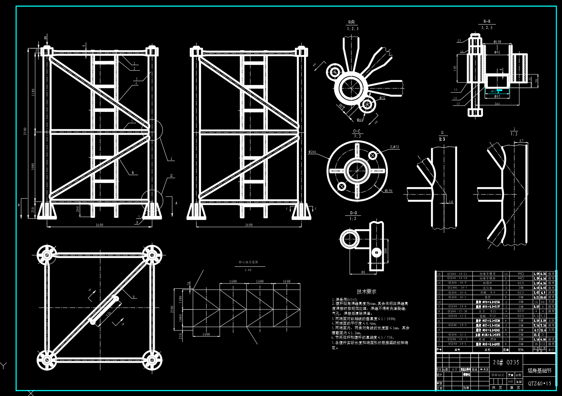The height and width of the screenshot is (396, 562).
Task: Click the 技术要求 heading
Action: (366, 292)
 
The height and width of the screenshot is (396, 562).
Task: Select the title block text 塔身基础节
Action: (539, 371)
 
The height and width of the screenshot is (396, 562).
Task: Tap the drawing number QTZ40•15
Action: (539, 383)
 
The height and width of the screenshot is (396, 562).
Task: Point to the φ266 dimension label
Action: (312, 152)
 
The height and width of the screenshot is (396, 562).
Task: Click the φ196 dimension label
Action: (388, 191)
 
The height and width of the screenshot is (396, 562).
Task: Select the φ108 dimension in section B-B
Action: (497, 42)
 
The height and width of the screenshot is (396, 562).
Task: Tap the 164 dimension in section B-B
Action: (497, 104)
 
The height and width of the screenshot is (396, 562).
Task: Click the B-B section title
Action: (487, 22)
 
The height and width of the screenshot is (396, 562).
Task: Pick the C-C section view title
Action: (357, 131)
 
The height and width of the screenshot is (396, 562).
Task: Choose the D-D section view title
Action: (353, 213)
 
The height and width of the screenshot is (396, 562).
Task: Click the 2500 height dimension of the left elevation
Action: (25, 131)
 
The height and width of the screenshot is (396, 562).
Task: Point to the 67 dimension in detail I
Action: (521, 141)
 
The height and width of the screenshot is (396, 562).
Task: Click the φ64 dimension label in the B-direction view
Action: (360, 120)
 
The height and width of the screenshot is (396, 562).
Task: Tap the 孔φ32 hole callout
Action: (395, 147)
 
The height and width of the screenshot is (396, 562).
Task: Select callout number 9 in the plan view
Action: (134, 297)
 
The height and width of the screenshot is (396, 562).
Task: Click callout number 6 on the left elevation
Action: (133, 173)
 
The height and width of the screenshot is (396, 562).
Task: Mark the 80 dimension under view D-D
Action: (363, 272)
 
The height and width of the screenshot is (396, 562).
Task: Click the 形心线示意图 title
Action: (248, 262)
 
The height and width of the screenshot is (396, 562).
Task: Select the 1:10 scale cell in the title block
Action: (519, 382)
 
